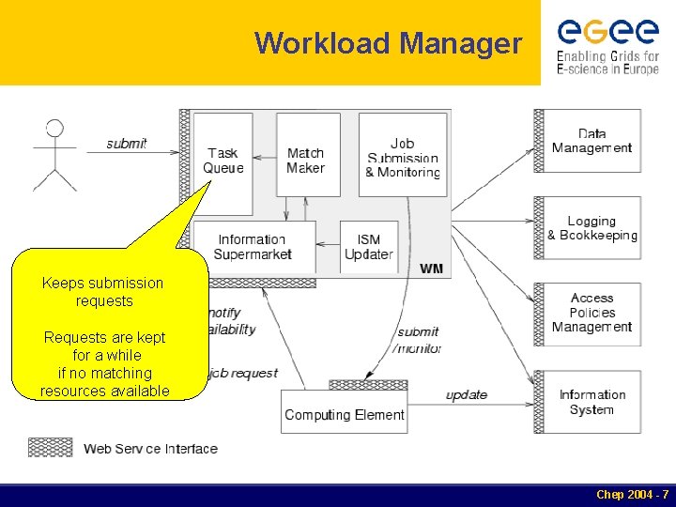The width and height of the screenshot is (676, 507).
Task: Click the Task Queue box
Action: coord(223,161)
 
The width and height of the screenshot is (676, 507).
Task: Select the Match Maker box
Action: coord(306,161)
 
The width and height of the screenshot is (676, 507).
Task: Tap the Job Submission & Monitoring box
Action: coord(403,158)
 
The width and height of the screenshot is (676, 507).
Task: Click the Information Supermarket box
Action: coord(253,247)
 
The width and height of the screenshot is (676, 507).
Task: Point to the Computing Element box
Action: coord(345,414)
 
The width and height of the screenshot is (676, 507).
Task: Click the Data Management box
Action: coord(592,141)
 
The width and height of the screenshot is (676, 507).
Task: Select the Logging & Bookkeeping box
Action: coord(592,228)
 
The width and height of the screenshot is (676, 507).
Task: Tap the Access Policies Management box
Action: coord(592,313)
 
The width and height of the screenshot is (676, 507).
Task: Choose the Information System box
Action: coord(592,402)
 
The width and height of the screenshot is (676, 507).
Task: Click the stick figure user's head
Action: coord(55,128)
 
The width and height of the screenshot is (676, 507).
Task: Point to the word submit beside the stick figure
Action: coord(126,144)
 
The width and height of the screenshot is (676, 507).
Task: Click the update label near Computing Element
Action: coord(467,394)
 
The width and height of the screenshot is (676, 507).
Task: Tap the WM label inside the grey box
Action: coord(431,269)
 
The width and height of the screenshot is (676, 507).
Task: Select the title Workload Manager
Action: coord(388,43)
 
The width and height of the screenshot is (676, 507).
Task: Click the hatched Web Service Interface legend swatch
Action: coord(50,448)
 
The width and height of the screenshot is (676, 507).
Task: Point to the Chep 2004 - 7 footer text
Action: coord(632,494)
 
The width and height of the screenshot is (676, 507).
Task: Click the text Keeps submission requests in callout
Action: coord(103,292)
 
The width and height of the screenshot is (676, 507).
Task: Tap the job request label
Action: coord(244,373)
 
